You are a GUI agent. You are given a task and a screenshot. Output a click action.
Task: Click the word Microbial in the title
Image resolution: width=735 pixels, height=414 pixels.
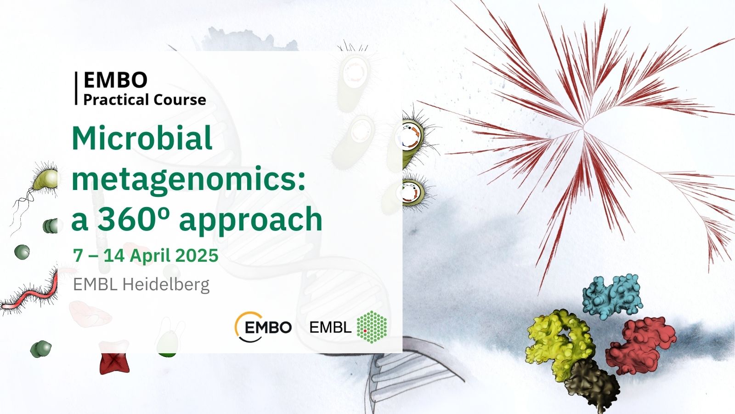(x=142, y=138)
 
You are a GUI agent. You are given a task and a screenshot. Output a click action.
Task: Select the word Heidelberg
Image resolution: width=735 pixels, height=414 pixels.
(x=166, y=285)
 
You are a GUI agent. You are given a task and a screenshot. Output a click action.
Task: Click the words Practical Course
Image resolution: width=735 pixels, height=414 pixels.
(x=145, y=99)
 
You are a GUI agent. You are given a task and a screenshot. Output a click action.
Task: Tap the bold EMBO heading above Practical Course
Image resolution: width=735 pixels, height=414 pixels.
(x=115, y=80)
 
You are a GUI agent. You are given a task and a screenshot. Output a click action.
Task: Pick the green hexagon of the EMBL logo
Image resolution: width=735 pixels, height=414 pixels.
(x=372, y=327)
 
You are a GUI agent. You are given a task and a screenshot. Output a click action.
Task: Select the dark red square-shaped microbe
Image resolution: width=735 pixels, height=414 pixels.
(x=114, y=363)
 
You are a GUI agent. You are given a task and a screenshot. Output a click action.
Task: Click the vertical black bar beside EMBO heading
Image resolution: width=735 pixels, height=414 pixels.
(x=76, y=88)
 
